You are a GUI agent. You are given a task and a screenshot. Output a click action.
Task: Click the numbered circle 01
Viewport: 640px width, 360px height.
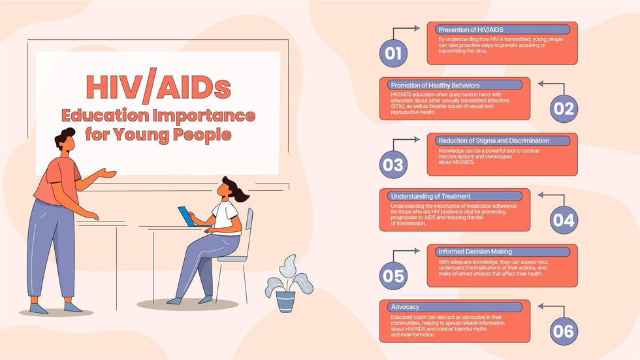coord(393,54)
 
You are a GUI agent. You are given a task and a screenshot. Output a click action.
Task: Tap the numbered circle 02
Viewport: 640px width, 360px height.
coord(563,109)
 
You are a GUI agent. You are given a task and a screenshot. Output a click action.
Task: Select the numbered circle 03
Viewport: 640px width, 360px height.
coord(393,165)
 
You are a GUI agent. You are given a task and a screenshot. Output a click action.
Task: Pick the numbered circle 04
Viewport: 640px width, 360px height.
coord(563,220)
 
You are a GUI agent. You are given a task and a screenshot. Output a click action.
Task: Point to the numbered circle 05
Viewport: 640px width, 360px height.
coord(393,276)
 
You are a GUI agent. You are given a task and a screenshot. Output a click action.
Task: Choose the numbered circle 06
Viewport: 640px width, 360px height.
coord(563,331)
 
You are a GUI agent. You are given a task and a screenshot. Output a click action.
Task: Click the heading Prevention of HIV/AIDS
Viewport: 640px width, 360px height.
coord(470,29)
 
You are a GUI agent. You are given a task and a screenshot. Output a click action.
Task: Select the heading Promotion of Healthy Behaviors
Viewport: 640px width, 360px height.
coord(434,85)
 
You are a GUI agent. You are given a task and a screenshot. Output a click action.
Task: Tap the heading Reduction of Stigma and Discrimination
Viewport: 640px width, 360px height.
coord(494,140)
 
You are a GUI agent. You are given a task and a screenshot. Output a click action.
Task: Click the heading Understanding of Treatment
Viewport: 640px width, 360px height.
coord(430,196)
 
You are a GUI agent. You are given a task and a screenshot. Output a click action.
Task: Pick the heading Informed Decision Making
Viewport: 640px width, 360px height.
coord(475,252)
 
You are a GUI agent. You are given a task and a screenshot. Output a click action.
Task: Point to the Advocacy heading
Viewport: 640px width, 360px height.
coord(405,307)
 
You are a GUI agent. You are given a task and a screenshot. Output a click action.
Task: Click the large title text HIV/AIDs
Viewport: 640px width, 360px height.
coord(158,88)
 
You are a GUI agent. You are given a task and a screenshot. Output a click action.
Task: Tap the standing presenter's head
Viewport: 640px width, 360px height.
coord(65,140)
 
